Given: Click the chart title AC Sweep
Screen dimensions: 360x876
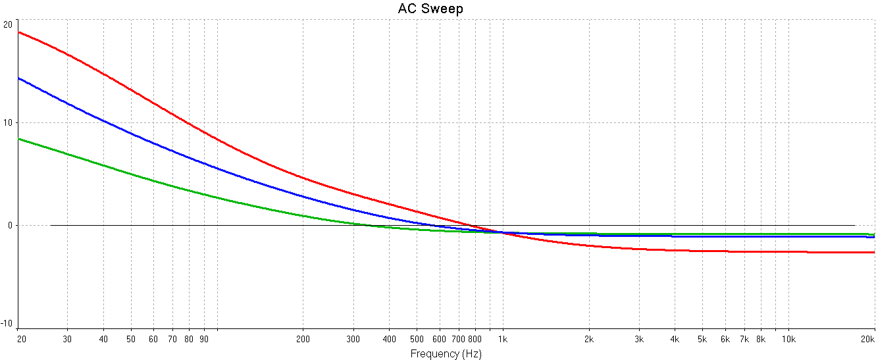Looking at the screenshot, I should [430, 9].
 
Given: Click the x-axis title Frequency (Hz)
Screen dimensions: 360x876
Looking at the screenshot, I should [446, 353].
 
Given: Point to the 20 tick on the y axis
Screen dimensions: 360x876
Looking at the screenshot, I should [8, 24].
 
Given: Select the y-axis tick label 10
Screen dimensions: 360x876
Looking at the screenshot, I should [8, 123].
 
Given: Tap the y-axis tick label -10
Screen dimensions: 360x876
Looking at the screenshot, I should [7, 323].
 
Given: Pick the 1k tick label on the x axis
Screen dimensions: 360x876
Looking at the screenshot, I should [503, 339].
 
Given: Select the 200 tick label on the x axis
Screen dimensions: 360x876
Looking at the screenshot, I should [303, 339].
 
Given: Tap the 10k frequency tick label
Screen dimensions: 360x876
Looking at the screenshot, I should [788, 339].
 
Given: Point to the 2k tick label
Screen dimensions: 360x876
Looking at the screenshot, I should [589, 339].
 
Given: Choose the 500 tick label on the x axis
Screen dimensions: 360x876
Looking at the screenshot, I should [417, 339].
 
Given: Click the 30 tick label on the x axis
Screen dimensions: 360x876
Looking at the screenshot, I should [67, 339].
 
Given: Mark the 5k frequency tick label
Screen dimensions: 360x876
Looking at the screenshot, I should [703, 339].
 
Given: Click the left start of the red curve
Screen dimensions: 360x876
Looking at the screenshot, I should [19, 32].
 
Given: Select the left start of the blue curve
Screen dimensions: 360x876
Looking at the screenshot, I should [19, 78].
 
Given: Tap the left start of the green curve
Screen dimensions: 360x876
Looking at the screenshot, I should [19, 139].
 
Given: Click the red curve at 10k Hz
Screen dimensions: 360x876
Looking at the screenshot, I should [788, 251].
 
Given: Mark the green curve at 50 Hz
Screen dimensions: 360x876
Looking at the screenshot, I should [132, 174].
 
